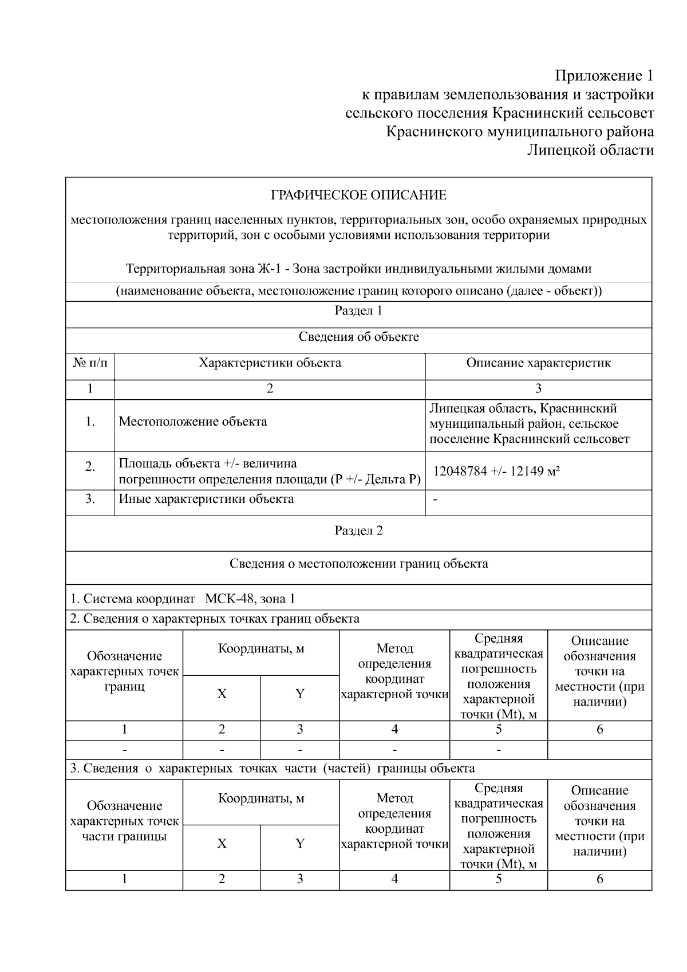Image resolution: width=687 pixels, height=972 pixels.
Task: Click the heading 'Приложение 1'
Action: click(604, 76)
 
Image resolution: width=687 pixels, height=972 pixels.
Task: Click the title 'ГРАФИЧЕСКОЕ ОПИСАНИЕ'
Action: click(358, 195)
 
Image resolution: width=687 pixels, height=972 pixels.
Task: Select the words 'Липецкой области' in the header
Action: click(590, 151)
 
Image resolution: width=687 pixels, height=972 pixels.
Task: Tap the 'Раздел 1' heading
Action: click(358, 310)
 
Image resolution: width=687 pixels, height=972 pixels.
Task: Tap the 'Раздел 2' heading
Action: click(358, 530)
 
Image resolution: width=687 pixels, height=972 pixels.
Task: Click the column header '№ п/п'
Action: click(90, 363)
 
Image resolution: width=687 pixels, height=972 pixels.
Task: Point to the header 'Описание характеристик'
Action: click(538, 363)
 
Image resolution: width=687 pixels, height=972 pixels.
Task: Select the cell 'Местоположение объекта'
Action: click(193, 422)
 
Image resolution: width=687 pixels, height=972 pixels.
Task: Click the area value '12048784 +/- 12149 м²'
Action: click(496, 471)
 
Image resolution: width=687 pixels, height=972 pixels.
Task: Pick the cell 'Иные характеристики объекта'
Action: click(206, 499)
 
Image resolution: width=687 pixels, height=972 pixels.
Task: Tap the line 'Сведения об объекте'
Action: click(358, 337)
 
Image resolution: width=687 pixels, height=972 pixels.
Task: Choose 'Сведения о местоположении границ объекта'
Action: click(358, 564)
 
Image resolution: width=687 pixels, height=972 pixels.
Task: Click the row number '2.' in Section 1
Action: click(90, 467)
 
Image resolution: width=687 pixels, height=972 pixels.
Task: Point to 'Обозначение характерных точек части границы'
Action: click(124, 821)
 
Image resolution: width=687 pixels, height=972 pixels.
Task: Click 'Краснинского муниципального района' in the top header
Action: click(520, 132)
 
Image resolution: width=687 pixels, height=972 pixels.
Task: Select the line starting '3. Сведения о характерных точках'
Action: click(272, 768)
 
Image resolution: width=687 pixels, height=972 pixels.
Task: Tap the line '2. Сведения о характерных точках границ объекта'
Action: click(215, 619)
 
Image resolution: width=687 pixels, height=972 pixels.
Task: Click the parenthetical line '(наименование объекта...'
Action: click(358, 291)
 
